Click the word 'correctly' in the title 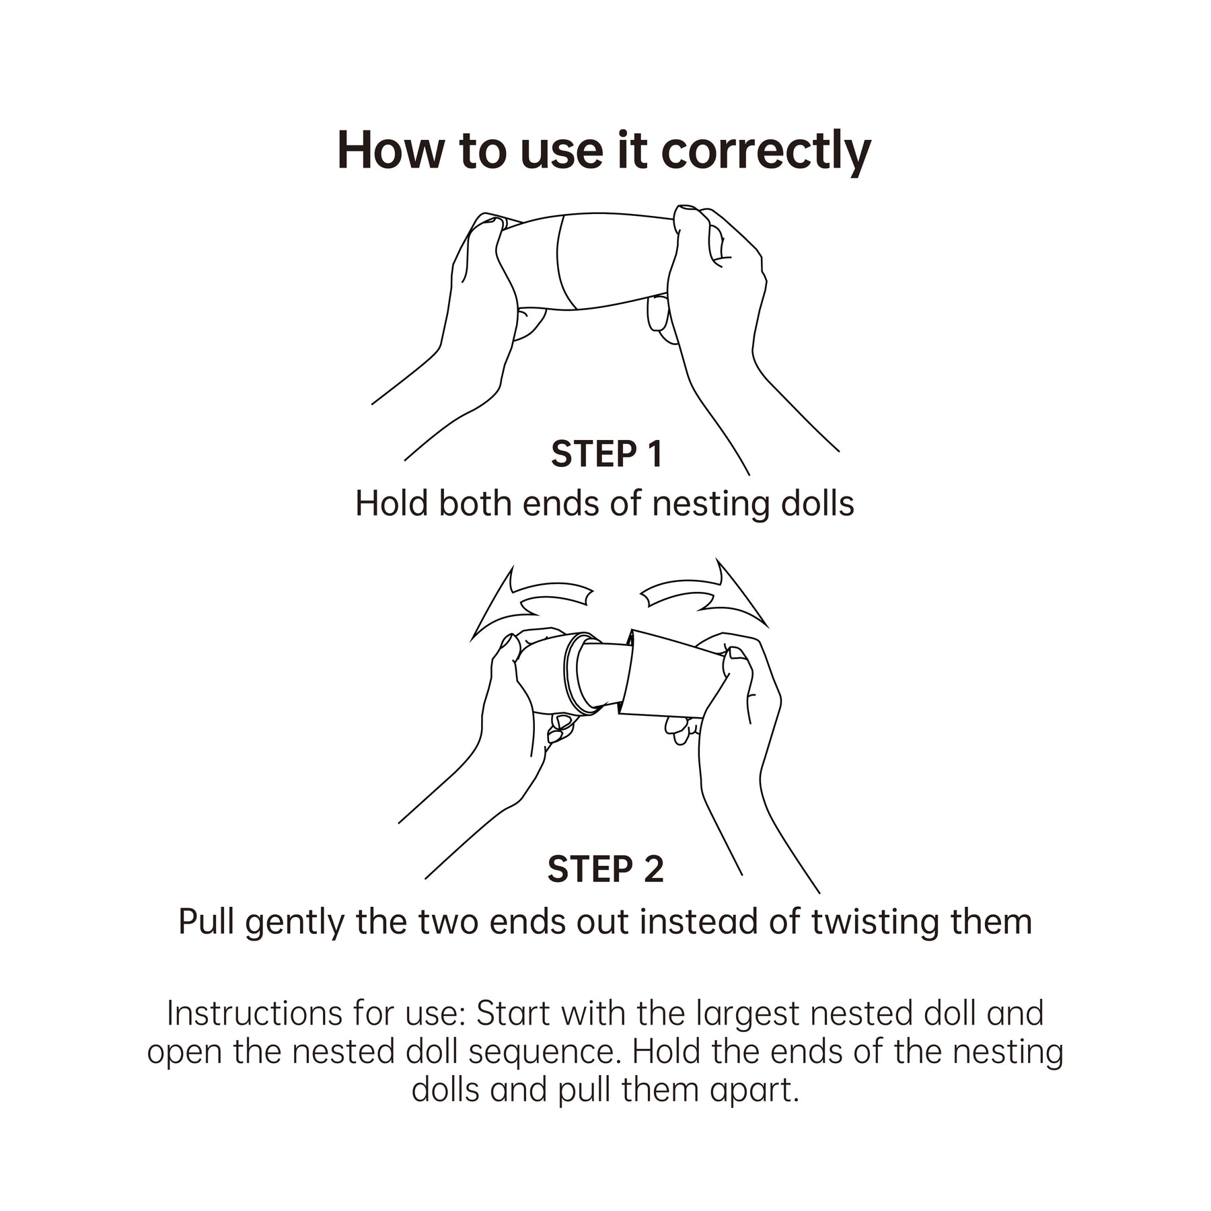click(x=766, y=151)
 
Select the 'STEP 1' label click(x=607, y=454)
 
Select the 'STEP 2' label click(x=605, y=869)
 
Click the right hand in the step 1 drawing click(x=727, y=323)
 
